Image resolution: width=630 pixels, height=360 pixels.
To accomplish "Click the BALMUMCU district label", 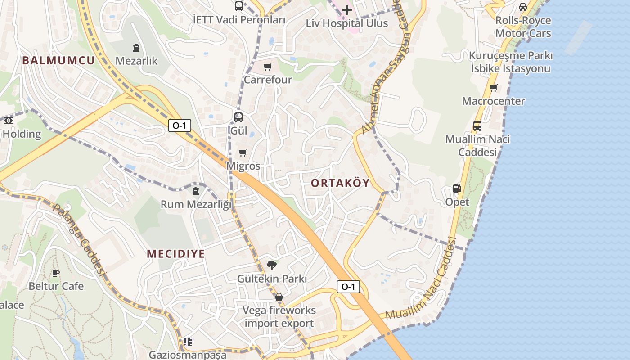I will click(58, 60).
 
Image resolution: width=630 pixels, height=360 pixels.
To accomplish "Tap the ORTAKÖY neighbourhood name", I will click(340, 183).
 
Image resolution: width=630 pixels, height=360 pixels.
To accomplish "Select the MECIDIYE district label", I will click(176, 253).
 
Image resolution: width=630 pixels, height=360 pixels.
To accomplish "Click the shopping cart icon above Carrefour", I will click(268, 67).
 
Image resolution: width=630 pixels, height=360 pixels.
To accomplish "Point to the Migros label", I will click(243, 166).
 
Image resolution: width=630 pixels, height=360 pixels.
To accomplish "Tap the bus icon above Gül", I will click(238, 117).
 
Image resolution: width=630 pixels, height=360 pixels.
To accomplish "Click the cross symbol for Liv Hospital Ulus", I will click(346, 9).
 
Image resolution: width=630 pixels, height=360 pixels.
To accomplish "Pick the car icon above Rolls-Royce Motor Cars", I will click(523, 7).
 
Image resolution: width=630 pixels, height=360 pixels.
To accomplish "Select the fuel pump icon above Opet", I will click(457, 189).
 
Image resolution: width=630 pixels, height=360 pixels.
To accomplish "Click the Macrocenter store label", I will click(493, 101).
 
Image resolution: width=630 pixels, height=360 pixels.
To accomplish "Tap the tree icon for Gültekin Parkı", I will click(271, 265).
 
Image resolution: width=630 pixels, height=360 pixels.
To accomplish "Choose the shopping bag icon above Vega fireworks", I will click(279, 297).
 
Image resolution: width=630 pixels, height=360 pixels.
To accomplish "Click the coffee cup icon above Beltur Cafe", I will click(56, 273).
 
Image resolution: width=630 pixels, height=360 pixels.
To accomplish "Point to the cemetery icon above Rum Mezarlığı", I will click(196, 191).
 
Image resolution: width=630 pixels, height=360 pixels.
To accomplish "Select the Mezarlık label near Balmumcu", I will click(136, 60).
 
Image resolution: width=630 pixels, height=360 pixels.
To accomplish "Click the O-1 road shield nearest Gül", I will click(180, 126).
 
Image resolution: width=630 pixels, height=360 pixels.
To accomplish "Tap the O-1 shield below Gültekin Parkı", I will click(348, 286).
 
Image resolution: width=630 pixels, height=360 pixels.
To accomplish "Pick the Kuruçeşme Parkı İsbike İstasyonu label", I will click(511, 62).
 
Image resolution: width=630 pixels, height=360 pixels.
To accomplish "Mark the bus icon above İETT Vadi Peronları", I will click(239, 6).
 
